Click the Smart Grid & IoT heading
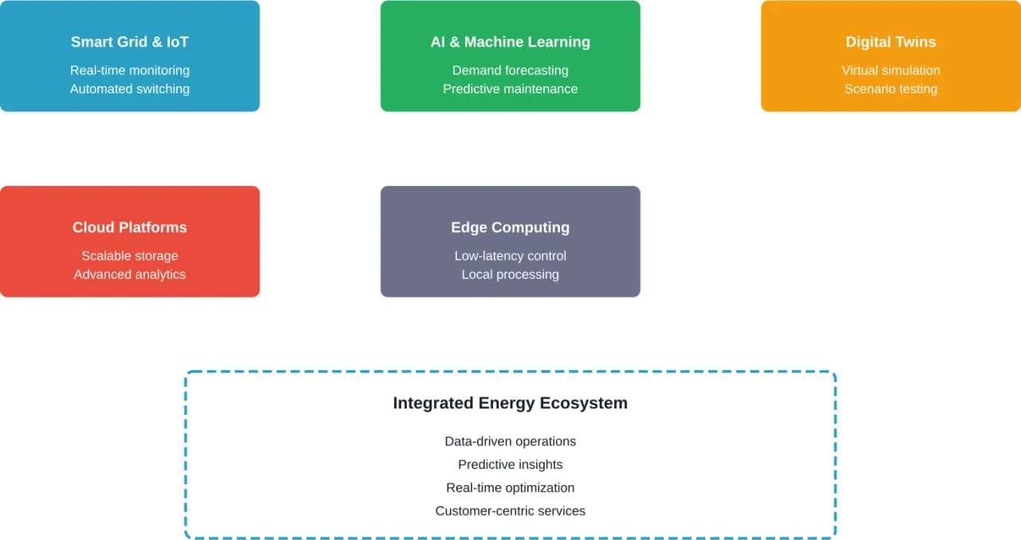tap(129, 42)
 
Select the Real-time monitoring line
tap(129, 70)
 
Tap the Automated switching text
tap(129, 89)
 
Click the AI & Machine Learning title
tap(510, 42)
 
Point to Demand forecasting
tap(510, 70)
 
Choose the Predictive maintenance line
tap(510, 89)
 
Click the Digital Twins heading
tap(890, 42)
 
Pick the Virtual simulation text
tap(890, 70)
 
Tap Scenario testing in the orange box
tap(890, 89)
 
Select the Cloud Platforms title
tap(129, 227)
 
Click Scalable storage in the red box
tap(129, 256)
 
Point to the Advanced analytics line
tap(129, 274)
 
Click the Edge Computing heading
tap(510, 227)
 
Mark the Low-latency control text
tap(510, 256)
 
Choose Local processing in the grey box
tap(510, 274)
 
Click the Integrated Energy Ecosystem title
tap(510, 404)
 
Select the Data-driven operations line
tap(510, 441)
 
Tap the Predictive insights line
tap(510, 464)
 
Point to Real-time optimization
tap(510, 487)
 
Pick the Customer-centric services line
tap(510, 510)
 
